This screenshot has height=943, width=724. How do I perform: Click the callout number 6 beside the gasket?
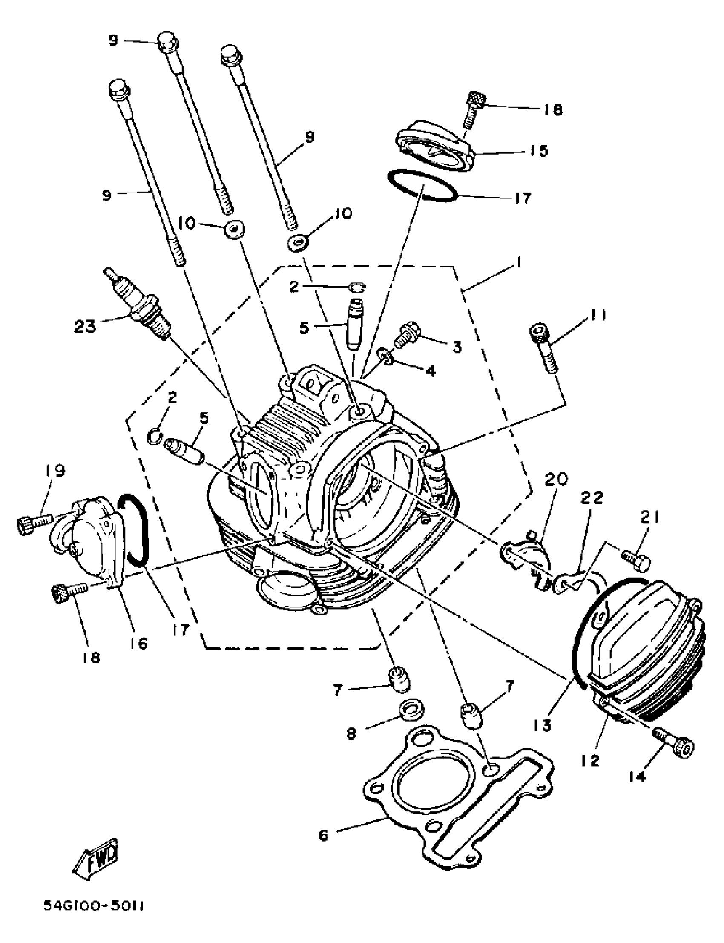tap(324, 836)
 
